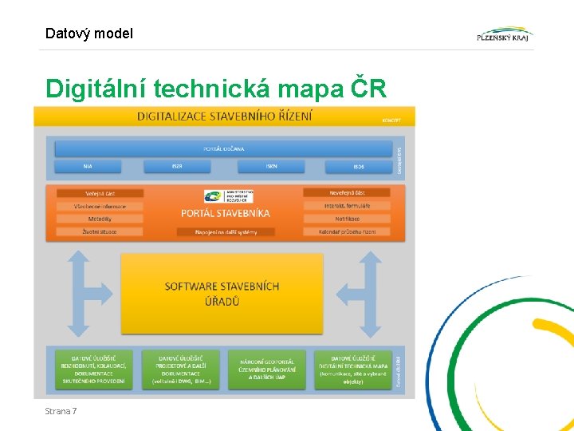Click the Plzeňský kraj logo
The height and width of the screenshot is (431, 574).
pos(505,34)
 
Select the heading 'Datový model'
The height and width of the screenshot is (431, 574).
pos(89,34)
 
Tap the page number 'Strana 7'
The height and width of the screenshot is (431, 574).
pos(61,411)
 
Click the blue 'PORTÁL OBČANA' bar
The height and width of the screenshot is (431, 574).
pos(224,148)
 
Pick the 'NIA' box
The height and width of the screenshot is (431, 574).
pos(88,167)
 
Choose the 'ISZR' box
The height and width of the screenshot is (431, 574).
pos(177,167)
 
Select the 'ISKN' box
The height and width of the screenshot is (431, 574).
pos(272,167)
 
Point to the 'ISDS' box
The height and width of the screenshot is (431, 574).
pos(359,167)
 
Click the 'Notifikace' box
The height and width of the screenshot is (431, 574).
pos(347,219)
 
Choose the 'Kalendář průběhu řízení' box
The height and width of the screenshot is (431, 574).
pos(347,231)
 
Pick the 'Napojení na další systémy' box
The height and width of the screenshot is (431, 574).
pos(225,232)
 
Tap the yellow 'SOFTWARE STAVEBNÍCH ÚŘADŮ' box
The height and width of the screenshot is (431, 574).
pos(222,293)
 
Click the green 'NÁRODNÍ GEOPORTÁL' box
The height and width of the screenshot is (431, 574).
pos(267,369)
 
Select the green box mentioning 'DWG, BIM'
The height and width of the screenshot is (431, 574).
pos(180,369)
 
